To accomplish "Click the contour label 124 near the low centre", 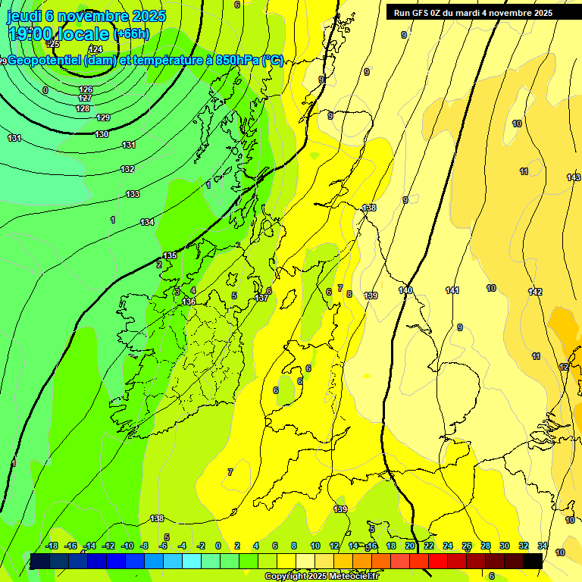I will (x=95, y=49).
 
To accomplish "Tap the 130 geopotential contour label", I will (x=102, y=134).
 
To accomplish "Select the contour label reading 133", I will (x=133, y=195).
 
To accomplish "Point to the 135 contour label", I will (x=171, y=256).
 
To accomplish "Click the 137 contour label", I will (x=261, y=298).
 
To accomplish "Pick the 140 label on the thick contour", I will (x=405, y=290).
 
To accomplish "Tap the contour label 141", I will (x=452, y=291).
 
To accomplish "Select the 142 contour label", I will (x=535, y=292).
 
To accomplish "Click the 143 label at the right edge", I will (x=574, y=177).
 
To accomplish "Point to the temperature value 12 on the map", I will (x=564, y=367).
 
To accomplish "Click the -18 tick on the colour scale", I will (x=52, y=546).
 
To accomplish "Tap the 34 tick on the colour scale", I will (x=543, y=546).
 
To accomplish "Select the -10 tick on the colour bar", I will (x=127, y=546).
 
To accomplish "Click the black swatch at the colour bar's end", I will (x=533, y=561).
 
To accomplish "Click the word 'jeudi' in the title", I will (x=23, y=15).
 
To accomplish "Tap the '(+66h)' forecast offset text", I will (x=131, y=34).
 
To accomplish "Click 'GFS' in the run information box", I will (x=421, y=13).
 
